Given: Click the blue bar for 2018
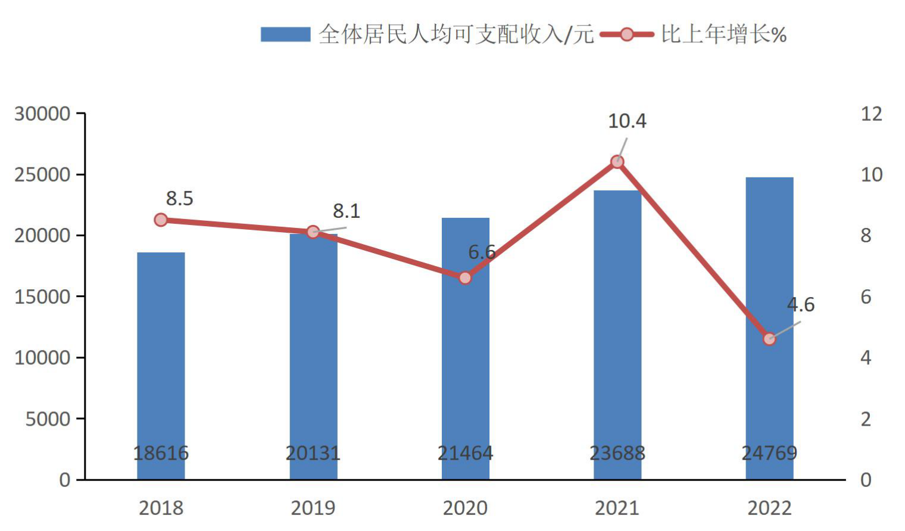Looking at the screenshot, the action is tap(161, 366).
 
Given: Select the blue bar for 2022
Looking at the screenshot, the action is tap(769, 328).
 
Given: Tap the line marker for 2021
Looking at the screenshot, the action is tap(617, 162).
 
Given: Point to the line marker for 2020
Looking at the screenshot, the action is tap(465, 278).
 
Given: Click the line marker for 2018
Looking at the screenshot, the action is tap(161, 220).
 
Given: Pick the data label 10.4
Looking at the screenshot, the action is tap(627, 121).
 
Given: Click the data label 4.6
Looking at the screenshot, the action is tap(800, 304).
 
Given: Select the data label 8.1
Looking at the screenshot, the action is tap(347, 211).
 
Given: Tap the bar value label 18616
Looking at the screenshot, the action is tap(161, 453).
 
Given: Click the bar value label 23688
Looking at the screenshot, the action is tap(617, 453).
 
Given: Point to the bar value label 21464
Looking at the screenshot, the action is tap(465, 453).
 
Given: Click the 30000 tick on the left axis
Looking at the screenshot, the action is tap(42, 114).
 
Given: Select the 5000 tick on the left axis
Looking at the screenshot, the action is tap(48, 419).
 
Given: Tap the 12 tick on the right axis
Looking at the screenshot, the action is tap(872, 114).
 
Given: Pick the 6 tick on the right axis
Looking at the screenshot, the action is tap(866, 297).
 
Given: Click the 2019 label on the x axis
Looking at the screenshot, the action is tap(313, 508).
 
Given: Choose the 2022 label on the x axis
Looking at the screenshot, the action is tap(769, 508).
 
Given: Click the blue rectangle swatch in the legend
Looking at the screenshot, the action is tap(286, 35).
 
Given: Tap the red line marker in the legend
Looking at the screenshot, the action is tap(627, 35).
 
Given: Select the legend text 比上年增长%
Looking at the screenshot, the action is tap(724, 35).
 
